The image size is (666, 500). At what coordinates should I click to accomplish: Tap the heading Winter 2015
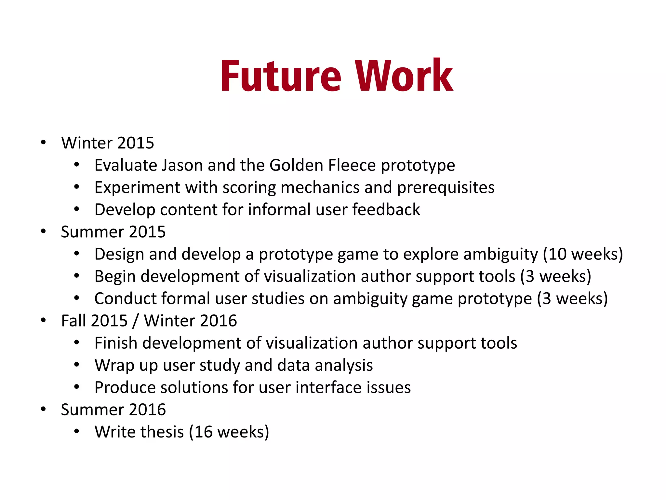click(108, 143)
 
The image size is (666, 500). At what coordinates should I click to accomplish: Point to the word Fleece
click(352, 165)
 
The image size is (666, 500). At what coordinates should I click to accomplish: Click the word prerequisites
click(446, 188)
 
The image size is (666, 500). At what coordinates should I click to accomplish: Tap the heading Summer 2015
click(113, 232)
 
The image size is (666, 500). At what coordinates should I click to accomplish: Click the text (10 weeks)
click(583, 254)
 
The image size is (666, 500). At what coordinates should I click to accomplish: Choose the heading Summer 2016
click(113, 410)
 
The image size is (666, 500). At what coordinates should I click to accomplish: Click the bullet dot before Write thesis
click(76, 432)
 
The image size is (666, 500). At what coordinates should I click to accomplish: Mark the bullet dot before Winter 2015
click(43, 143)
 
